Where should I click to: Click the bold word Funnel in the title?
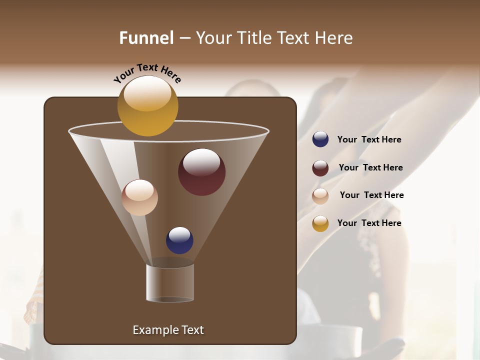point(146,37)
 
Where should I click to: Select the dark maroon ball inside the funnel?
point(201,172)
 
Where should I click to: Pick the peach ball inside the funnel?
point(139,197)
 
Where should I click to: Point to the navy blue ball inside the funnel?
point(179,240)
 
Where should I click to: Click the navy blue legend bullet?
point(320,139)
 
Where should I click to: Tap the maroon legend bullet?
point(320,168)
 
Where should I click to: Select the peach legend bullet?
point(320,196)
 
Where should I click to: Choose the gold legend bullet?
point(320,223)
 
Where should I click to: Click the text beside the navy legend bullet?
point(369,139)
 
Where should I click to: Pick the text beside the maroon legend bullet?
point(370,167)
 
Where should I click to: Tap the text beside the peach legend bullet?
point(371,195)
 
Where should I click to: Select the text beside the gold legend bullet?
point(369,223)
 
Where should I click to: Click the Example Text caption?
point(168,330)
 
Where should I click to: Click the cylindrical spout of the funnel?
point(170,283)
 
